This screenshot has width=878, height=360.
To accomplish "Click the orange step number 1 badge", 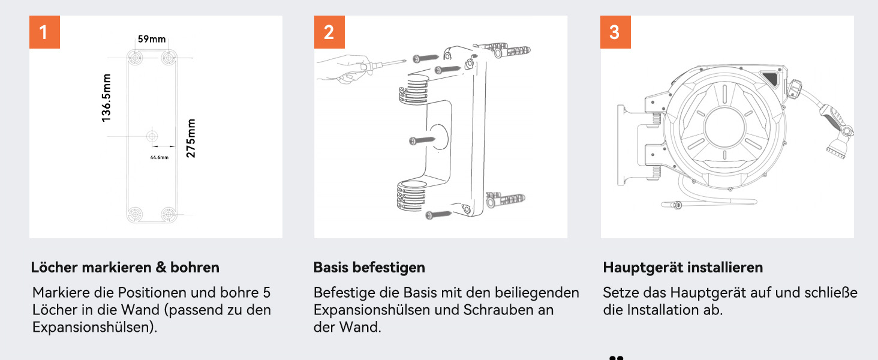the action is (x=45, y=32).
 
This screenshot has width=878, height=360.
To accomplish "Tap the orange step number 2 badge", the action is (x=329, y=32).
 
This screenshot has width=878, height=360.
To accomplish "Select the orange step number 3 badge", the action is (x=615, y=32).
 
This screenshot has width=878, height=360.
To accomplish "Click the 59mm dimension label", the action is (x=152, y=39).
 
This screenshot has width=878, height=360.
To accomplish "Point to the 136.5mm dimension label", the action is (x=106, y=98).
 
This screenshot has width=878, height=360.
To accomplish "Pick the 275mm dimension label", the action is (x=191, y=139).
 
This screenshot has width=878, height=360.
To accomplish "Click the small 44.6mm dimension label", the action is (x=159, y=157).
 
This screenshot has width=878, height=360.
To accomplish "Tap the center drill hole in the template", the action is (x=152, y=136).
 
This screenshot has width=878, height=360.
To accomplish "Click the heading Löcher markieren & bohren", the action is (x=125, y=268).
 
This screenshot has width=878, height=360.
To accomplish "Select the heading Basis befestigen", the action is (x=369, y=268).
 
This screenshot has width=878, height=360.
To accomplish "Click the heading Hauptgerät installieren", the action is (x=683, y=268).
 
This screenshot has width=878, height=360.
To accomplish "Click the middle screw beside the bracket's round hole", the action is (x=422, y=140).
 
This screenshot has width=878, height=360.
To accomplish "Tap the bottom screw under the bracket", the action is (x=438, y=215).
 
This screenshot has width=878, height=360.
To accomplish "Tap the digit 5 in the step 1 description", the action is (x=266, y=293).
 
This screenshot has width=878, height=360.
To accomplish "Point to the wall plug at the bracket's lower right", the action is (x=505, y=200).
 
